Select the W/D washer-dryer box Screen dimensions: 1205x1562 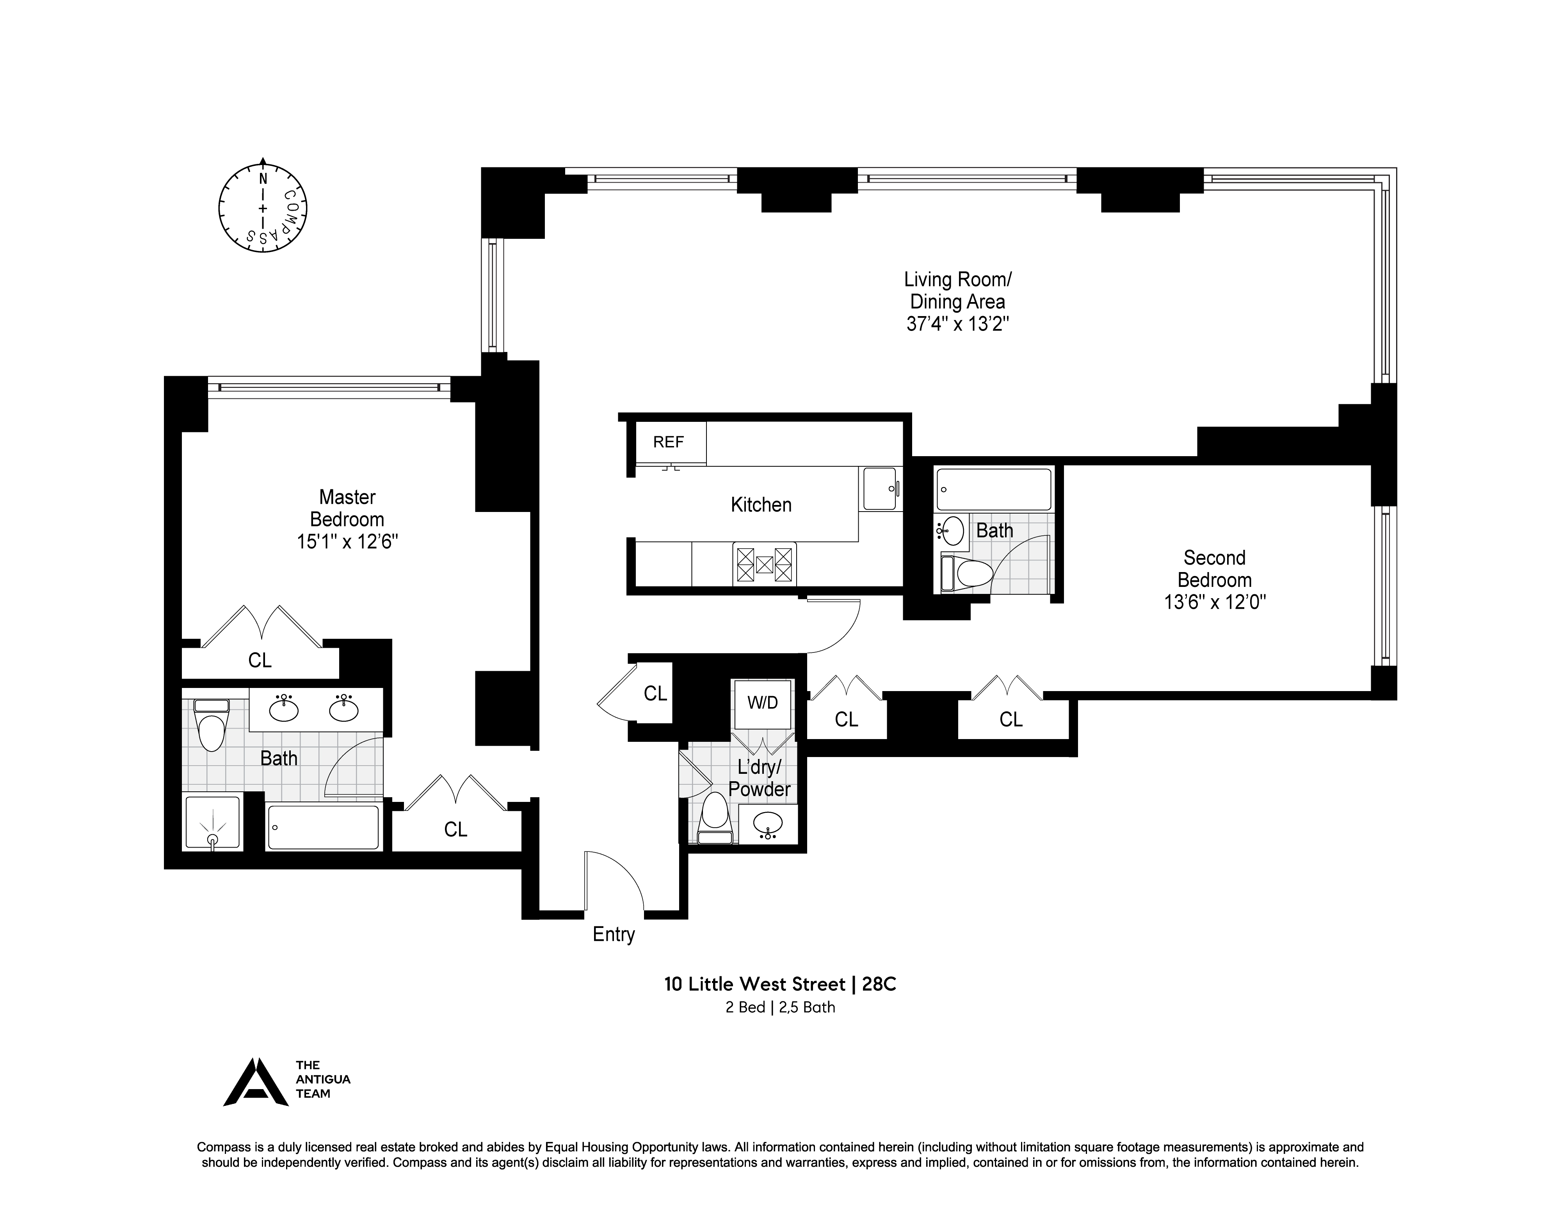click(x=762, y=703)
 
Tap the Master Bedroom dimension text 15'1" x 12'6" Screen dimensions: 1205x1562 click(x=348, y=542)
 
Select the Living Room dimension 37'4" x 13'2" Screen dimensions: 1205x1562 click(x=958, y=324)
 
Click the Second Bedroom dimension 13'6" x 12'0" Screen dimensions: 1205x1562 click(x=1214, y=602)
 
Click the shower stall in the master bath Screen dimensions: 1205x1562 click(x=212, y=823)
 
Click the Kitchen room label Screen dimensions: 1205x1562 click(x=761, y=505)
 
